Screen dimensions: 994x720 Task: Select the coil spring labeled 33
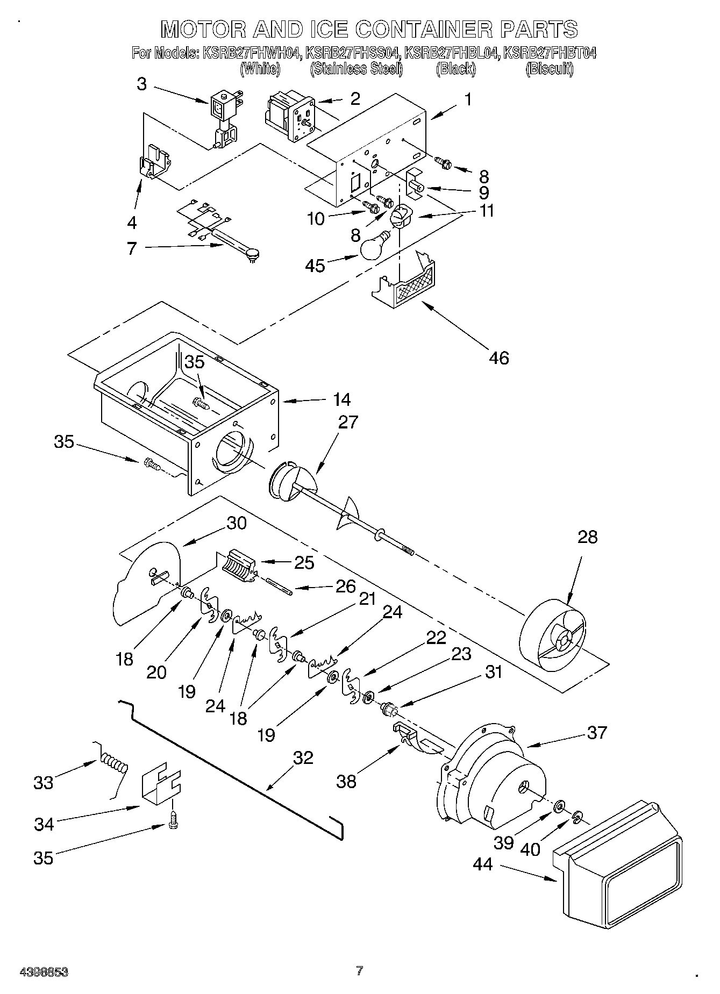(113, 766)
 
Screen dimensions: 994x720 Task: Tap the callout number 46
(498, 357)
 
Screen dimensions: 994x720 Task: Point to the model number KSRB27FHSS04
(353, 53)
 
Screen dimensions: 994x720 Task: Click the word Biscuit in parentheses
(549, 69)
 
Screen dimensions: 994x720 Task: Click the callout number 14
(341, 399)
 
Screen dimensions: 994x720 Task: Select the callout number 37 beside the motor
(596, 732)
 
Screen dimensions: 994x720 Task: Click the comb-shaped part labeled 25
(238, 566)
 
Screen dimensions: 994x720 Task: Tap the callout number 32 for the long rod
(303, 757)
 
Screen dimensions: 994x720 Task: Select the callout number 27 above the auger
(347, 422)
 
